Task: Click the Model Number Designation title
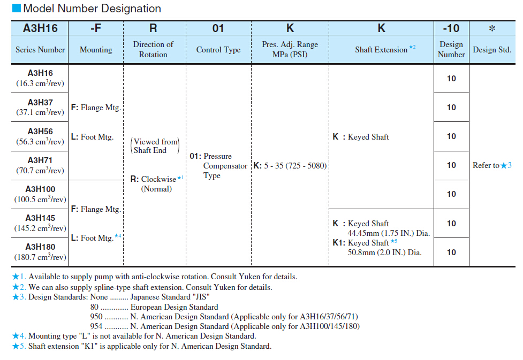(92, 9)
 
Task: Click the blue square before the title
(17, 9)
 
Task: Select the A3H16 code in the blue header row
(40, 28)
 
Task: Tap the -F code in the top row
(96, 28)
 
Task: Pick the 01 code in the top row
(218, 28)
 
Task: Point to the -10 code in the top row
(451, 28)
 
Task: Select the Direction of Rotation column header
(153, 49)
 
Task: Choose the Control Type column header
(218, 50)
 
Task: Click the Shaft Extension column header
(381, 50)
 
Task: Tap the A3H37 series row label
(40, 102)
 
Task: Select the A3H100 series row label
(40, 189)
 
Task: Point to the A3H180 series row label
(40, 247)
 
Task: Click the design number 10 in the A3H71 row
(451, 165)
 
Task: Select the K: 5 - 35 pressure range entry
(290, 166)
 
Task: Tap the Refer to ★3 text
(492, 165)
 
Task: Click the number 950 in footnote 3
(97, 317)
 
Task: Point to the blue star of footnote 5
(16, 346)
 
